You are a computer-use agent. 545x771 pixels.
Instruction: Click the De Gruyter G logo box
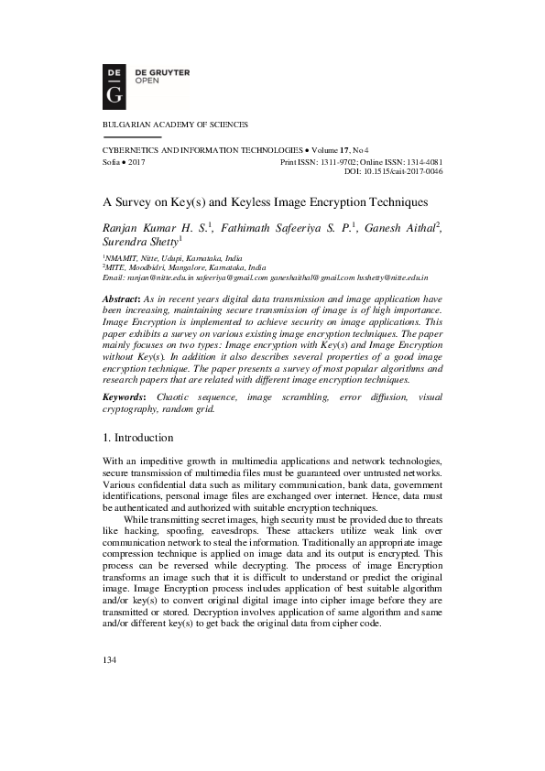click(x=115, y=82)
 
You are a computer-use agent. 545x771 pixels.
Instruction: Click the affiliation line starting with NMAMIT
click(x=165, y=259)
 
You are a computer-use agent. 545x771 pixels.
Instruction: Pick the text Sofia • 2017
click(x=124, y=161)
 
